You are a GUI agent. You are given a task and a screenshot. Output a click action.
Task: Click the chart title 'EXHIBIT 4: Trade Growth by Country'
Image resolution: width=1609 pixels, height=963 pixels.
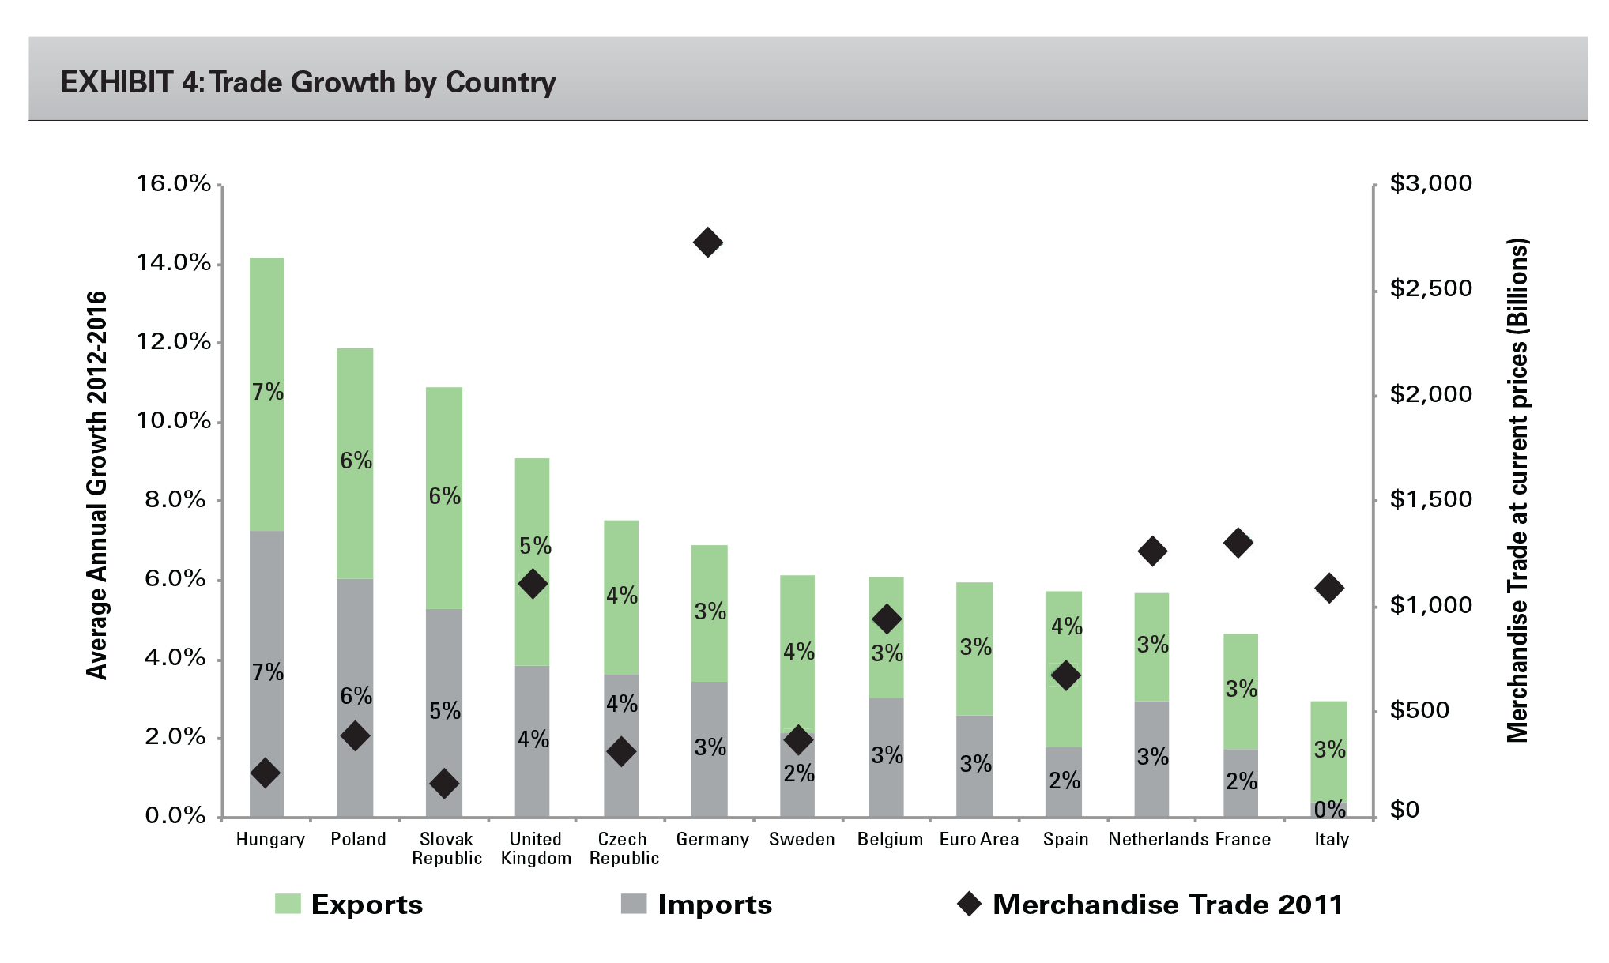click(308, 82)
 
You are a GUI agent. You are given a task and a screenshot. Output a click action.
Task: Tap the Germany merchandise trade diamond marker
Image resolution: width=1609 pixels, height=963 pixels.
click(707, 243)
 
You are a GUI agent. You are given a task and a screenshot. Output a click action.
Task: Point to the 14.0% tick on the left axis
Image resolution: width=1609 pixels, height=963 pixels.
click(174, 263)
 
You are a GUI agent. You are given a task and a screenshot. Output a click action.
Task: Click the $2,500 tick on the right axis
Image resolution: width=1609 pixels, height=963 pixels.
click(1430, 288)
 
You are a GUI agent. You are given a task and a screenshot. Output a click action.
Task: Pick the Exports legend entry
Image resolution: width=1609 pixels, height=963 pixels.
click(349, 905)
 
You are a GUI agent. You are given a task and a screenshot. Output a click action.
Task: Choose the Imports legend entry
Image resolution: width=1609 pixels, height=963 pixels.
click(696, 905)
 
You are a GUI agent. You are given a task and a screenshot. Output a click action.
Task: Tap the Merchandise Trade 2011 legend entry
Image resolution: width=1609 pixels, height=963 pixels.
click(1150, 905)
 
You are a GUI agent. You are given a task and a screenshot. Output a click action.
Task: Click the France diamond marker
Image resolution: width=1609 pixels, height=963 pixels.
click(1238, 543)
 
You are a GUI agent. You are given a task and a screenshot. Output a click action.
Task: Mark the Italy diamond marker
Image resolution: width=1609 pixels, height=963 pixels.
click(1329, 588)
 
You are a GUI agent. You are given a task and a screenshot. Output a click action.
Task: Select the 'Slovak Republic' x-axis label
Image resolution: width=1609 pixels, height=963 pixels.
click(447, 848)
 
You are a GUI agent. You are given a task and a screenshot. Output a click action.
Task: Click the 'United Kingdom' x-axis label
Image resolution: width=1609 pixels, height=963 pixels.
click(536, 848)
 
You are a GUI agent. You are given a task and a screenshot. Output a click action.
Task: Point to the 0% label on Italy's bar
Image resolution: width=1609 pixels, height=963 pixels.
click(1329, 809)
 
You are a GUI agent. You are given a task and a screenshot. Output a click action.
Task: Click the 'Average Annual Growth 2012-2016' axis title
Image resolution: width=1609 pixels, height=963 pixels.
click(96, 485)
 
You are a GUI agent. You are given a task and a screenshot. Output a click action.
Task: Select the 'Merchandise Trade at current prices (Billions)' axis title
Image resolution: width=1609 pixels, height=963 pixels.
click(1517, 490)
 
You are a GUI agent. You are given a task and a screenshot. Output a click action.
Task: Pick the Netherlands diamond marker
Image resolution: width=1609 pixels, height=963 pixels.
click(1152, 551)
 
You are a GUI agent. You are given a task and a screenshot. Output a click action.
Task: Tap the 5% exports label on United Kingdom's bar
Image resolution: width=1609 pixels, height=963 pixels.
click(535, 546)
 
